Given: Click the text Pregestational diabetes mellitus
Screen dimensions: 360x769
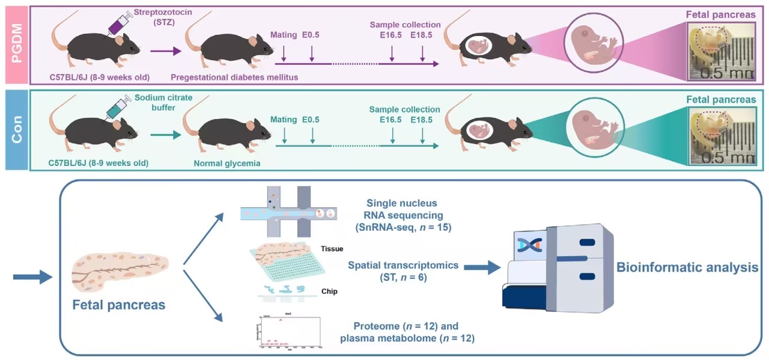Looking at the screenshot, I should point(234,77).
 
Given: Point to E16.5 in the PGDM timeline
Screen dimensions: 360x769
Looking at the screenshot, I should point(391,35).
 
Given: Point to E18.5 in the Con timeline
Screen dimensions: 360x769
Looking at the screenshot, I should point(421,120).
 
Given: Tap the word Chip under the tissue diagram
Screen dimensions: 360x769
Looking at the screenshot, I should point(329,291).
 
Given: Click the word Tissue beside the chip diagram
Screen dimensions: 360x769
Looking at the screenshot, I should point(332,248).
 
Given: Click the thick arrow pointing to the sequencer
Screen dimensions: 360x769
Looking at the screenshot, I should point(485,268).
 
